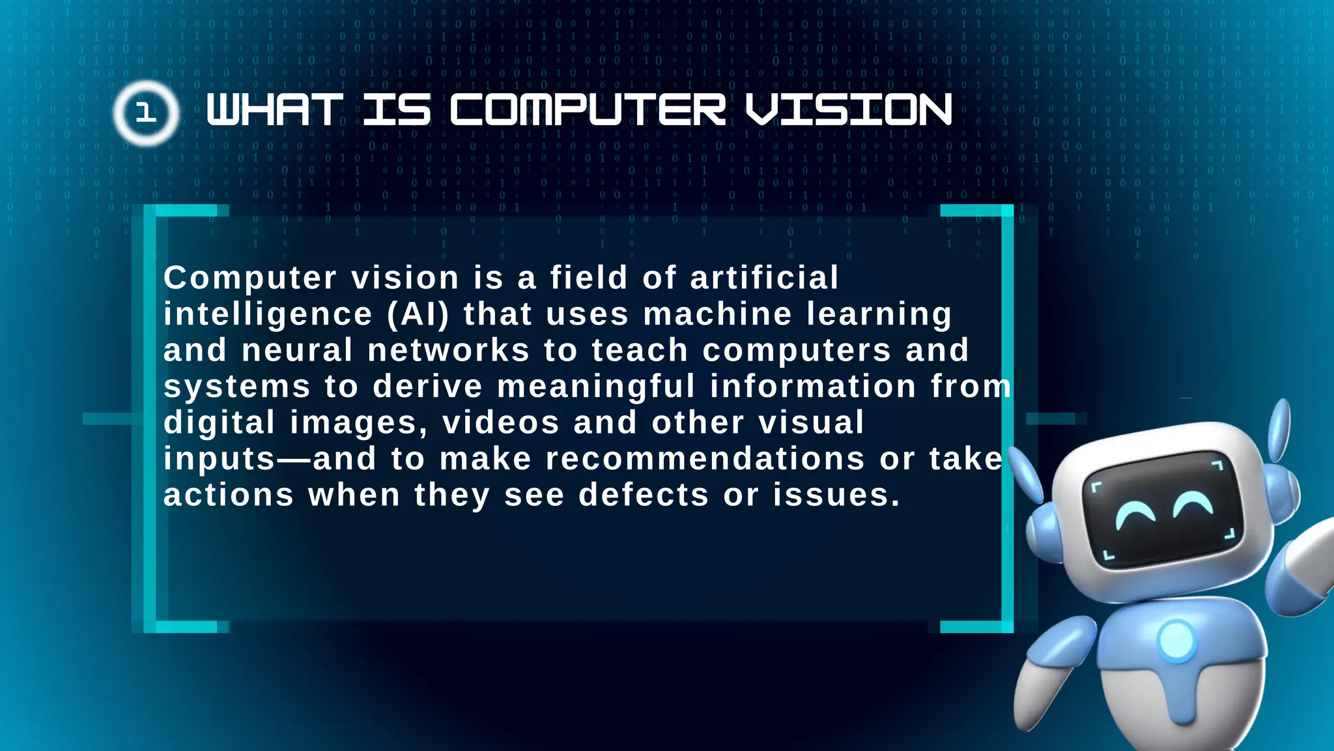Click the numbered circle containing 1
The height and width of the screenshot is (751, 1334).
(146, 113)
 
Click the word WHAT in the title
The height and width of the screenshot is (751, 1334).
(274, 110)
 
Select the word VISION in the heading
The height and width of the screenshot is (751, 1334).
(849, 110)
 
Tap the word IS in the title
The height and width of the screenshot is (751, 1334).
(397, 110)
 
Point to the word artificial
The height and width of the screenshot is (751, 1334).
(764, 278)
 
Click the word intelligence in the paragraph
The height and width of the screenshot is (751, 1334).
(268, 314)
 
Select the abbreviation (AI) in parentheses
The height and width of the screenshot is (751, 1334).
(418, 314)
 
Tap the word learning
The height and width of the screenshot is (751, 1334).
(879, 316)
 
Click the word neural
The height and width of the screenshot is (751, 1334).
(297, 350)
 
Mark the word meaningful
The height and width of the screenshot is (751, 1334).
(596, 387)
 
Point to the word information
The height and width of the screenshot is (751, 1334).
(813, 387)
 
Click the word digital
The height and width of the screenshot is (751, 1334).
(220, 423)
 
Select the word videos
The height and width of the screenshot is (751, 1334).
(501, 423)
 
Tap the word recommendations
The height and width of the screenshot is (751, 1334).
(705, 459)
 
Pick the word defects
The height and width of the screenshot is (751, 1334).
(644, 495)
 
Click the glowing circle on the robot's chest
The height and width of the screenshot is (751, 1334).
(1176, 641)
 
